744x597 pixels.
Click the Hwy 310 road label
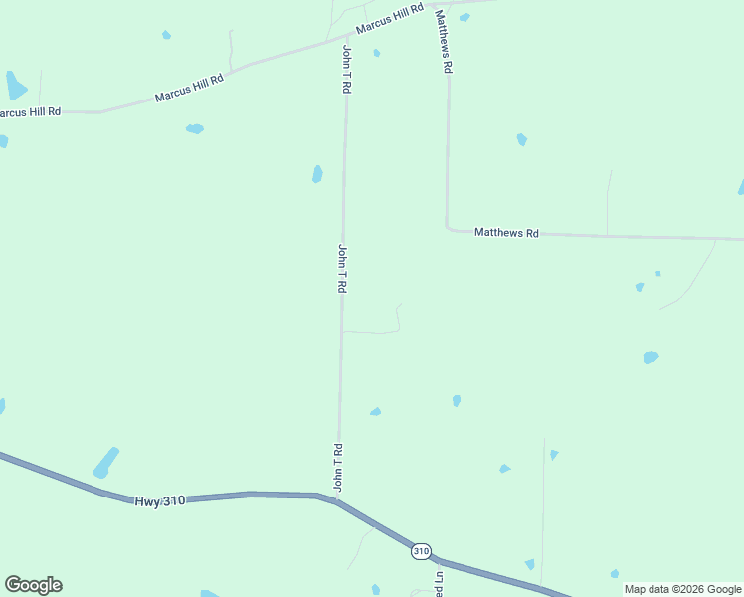tap(160, 501)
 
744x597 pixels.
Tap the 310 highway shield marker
tap(421, 550)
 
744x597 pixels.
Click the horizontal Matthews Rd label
tap(506, 233)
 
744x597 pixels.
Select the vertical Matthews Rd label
tap(443, 42)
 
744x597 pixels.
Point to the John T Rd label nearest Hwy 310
tap(338, 467)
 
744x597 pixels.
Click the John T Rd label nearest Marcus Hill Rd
tap(346, 69)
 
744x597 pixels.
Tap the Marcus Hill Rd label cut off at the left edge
tap(30, 112)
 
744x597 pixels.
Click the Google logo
tap(33, 585)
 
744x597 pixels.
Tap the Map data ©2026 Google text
tap(682, 589)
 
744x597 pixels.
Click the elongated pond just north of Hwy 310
tap(105, 463)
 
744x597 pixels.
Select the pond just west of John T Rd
tap(317, 174)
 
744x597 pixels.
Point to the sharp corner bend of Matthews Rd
tap(449, 228)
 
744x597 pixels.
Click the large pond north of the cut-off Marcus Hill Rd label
tap(15, 86)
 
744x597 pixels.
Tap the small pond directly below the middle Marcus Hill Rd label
tap(195, 128)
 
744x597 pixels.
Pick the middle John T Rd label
tap(341, 268)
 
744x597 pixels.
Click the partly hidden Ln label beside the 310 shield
tap(437, 579)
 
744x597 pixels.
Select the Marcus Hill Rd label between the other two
tap(189, 89)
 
